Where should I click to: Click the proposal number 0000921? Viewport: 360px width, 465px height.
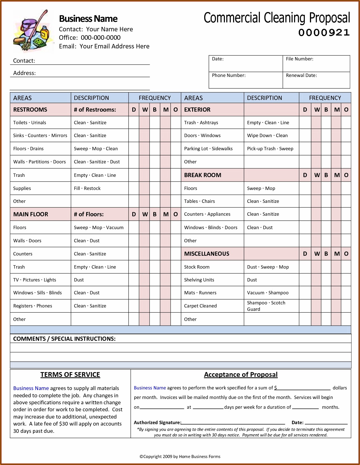(x=324, y=32)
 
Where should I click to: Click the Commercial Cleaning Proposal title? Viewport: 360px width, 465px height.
(x=277, y=18)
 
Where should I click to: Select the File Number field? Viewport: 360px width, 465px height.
(x=316, y=64)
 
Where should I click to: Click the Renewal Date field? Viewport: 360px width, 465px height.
(x=316, y=80)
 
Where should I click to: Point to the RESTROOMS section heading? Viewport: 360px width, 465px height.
(x=30, y=110)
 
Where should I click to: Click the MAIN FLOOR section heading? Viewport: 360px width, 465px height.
(x=31, y=214)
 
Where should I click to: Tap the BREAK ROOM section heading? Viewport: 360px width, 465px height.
(x=203, y=175)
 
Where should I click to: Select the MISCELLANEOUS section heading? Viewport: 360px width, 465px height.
(x=206, y=254)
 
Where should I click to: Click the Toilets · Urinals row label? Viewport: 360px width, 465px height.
(x=30, y=123)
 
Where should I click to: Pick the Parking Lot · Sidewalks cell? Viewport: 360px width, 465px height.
(x=208, y=149)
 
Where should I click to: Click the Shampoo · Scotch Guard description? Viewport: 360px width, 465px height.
(x=266, y=306)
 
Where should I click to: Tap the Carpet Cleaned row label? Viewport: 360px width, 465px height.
(x=200, y=306)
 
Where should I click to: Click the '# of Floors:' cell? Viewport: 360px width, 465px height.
(x=89, y=214)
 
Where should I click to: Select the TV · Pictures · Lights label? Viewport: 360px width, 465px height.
(x=35, y=280)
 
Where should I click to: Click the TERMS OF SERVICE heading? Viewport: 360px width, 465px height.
(x=70, y=375)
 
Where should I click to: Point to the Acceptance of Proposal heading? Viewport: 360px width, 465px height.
(x=241, y=375)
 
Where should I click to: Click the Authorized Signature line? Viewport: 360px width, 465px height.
(x=233, y=423)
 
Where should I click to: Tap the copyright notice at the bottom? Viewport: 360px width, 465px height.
(x=180, y=457)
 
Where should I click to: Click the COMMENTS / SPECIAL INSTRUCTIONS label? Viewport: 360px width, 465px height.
(x=64, y=339)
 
